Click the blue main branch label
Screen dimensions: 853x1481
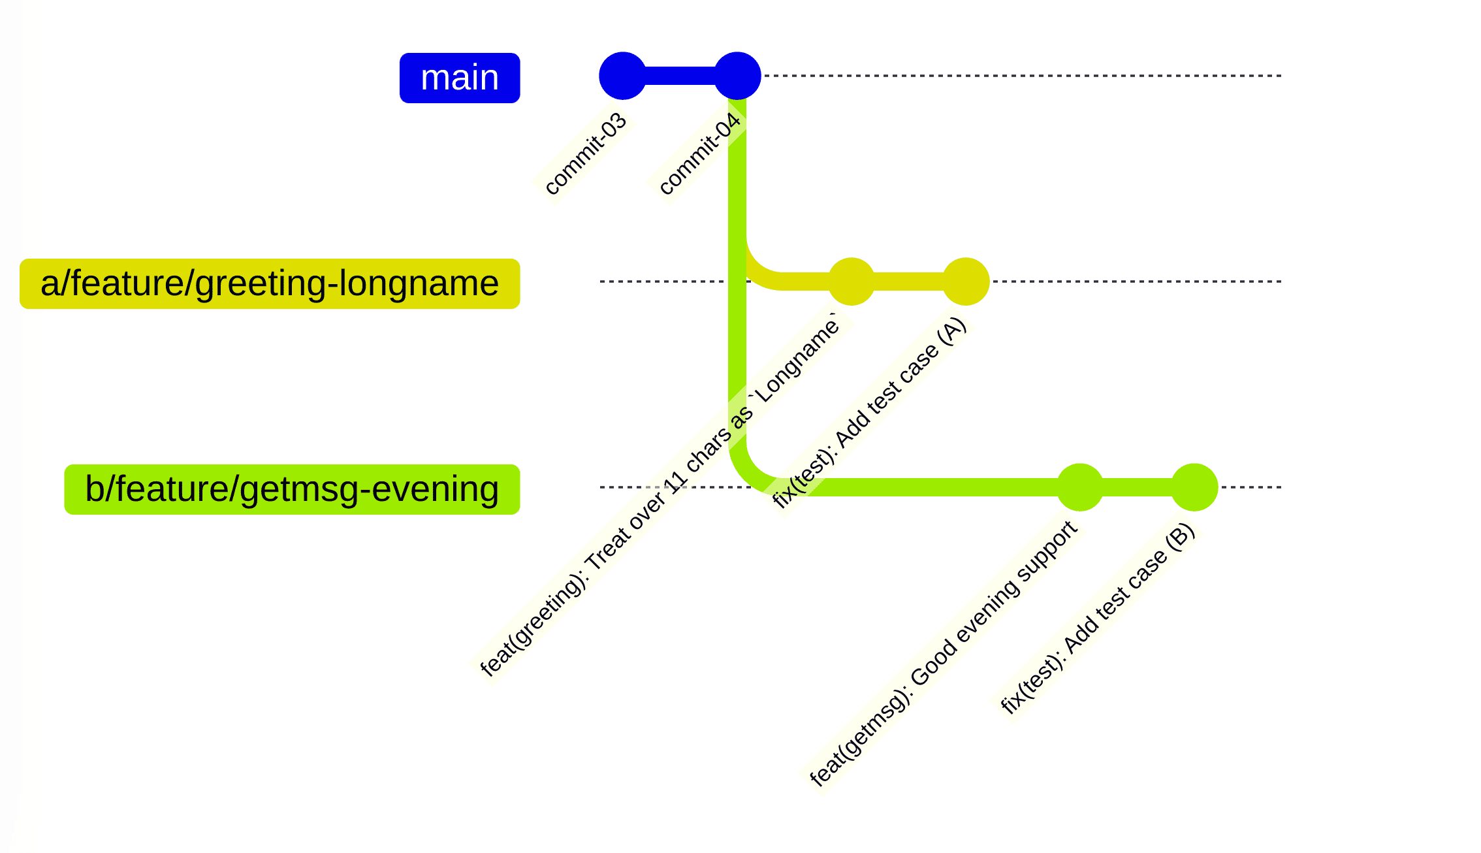460,78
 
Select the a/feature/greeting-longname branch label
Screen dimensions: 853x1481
270,283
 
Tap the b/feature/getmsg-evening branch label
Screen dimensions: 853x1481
292,489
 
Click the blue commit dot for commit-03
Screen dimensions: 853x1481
622,76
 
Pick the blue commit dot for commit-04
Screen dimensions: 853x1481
737,76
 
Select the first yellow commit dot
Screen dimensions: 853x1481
851,282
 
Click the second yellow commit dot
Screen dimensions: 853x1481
966,282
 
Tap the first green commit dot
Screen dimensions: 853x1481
1080,487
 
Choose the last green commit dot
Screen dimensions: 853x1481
1194,487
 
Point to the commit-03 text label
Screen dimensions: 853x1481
586,153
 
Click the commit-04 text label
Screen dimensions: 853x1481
700,153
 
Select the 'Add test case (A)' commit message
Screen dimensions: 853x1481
868,413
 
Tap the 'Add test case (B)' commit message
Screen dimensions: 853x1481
1098,619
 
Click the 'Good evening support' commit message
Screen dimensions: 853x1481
944,653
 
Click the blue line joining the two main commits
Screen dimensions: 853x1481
680,76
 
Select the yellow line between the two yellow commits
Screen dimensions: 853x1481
908,282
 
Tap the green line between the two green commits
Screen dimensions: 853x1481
1137,487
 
